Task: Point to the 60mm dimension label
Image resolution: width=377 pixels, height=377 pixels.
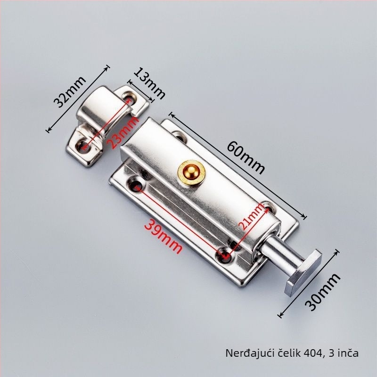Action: click(x=246, y=157)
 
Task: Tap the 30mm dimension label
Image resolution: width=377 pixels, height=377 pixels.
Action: click(x=322, y=292)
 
